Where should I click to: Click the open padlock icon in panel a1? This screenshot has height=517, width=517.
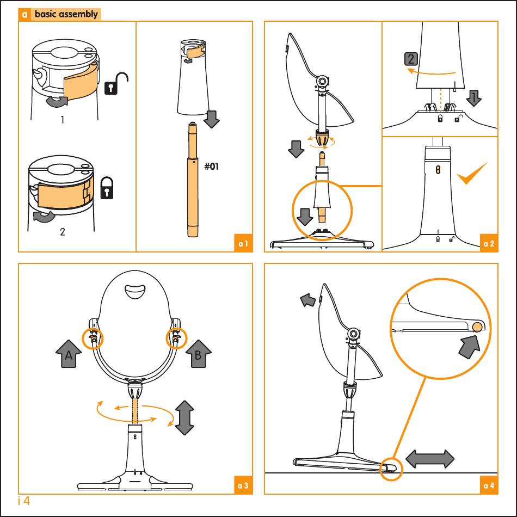(116, 83)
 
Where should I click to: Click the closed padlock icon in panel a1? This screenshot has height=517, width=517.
(107, 188)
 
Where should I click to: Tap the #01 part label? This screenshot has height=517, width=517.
(211, 166)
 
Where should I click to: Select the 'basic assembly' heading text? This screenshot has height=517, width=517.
(66, 14)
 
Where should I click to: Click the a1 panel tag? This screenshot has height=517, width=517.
(243, 244)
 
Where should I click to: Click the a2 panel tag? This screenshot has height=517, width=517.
(489, 244)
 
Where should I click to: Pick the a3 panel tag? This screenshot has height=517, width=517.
(243, 485)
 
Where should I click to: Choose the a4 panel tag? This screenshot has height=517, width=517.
(489, 485)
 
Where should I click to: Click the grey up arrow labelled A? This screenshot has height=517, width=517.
(69, 354)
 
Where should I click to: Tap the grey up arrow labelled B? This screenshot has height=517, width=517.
(198, 354)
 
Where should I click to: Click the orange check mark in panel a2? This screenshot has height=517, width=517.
(471, 174)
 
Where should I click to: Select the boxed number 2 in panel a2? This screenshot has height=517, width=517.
(411, 59)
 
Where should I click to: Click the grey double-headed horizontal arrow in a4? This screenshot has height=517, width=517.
(429, 459)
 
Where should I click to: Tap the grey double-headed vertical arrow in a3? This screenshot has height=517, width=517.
(184, 418)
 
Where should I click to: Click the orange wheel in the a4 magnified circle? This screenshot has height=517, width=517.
(477, 327)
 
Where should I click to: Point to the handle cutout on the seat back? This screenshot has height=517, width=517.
(135, 292)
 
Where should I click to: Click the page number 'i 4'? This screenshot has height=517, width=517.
(24, 501)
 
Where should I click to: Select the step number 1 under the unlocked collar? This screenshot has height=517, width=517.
(63, 119)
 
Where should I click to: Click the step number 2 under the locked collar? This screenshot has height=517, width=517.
(63, 232)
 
